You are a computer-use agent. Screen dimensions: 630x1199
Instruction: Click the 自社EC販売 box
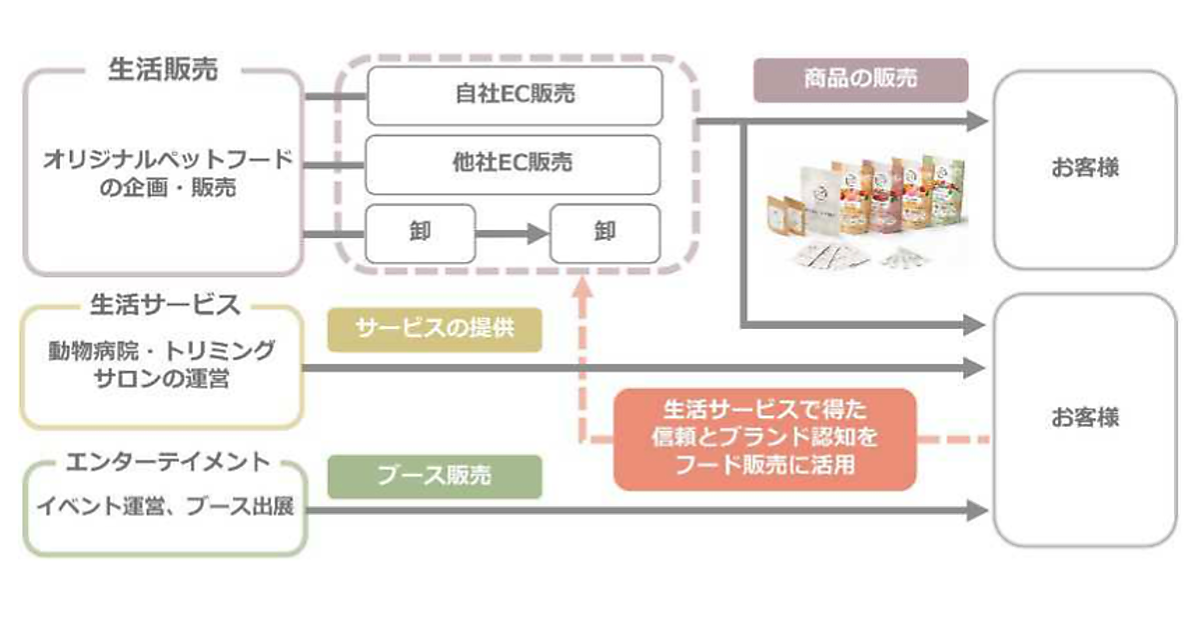tap(514, 96)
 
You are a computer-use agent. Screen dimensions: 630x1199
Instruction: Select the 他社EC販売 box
tap(514, 164)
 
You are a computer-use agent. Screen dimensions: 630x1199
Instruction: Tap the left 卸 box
tap(420, 233)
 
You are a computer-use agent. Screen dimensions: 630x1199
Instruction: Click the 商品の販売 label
tap(860, 80)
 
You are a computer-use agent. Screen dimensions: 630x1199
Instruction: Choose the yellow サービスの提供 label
tap(434, 329)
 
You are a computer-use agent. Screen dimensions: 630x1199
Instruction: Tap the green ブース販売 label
tap(434, 476)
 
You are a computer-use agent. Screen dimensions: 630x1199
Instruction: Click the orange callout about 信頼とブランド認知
tap(764, 438)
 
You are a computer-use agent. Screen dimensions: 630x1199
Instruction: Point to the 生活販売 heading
tap(162, 71)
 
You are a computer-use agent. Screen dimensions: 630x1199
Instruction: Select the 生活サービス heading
tap(164, 303)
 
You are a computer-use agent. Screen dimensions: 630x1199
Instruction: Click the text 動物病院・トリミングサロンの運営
tap(162, 365)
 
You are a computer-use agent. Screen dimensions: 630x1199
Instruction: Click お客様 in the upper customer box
tap(1084, 168)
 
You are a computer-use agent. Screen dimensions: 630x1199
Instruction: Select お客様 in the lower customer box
tap(1084, 418)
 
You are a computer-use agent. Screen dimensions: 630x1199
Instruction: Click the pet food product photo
tap(864, 212)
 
